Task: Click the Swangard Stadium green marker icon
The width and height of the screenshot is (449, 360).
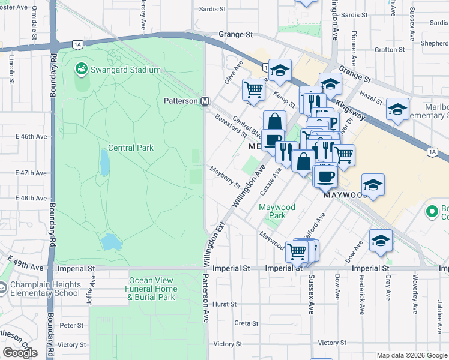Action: pos(80,70)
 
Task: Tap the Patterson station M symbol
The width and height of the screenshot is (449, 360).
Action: pos(205,101)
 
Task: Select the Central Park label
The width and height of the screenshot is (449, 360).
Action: pos(131,148)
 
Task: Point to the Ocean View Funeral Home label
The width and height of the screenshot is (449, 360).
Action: pos(152,289)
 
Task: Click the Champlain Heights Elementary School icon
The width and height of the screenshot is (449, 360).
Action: pos(3,289)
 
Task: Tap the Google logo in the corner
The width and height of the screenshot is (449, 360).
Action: pos(20,353)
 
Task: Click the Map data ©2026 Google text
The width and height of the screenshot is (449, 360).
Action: pos(411,355)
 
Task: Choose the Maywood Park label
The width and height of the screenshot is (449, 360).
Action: pos(277,211)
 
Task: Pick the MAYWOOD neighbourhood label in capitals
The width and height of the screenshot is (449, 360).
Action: pos(345,196)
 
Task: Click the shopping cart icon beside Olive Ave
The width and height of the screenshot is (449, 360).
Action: pos(253,90)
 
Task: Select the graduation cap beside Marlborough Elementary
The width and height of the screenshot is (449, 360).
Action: pos(397,109)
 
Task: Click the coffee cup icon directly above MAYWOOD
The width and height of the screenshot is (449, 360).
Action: pos(325,176)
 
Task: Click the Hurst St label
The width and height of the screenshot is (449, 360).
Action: pos(225,304)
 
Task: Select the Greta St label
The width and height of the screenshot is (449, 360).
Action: pos(246,323)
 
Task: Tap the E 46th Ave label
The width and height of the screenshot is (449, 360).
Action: pos(30,137)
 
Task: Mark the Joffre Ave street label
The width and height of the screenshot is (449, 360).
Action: pos(91,290)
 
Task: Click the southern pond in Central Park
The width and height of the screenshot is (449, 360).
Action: pos(109,242)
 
